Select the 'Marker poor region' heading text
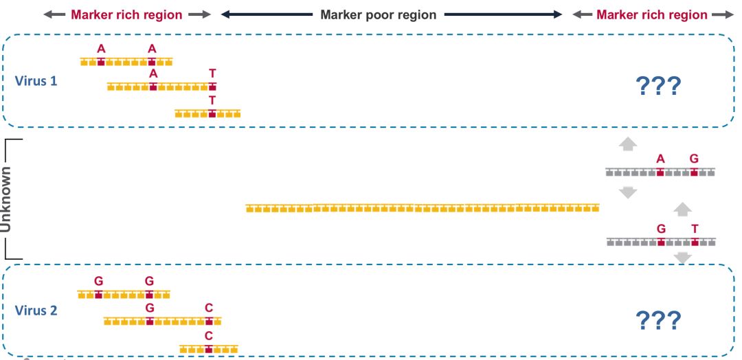pos(379,14)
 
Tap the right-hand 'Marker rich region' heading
pos(652,14)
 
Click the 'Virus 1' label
pos(36,80)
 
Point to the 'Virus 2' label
pos(36,310)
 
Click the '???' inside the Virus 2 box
pos(659,319)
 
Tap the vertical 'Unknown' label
pos(6,199)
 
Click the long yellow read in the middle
pos(423,207)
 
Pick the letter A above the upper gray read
pos(660,159)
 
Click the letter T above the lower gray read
pos(695,229)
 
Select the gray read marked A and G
pos(660,172)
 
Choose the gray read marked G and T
pos(660,242)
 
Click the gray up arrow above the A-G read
pos(628,144)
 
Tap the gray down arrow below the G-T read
pos(682,258)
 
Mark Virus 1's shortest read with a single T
pos(207,113)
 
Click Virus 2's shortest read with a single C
pos(209,349)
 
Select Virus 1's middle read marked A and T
pos(162,87)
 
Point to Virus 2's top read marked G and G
pos(124,294)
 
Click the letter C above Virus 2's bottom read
pos(209,335)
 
